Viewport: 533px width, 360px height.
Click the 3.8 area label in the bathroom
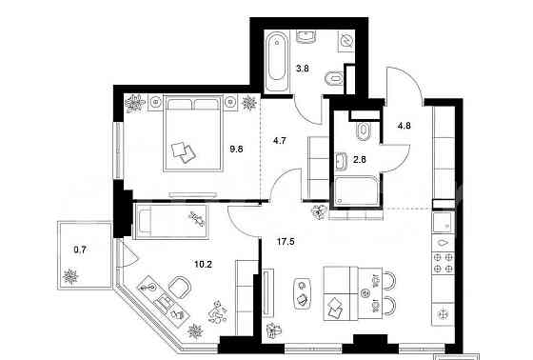[304, 68]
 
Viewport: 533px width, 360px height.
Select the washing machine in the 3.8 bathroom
[345, 41]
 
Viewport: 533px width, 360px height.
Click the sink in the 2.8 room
[340, 159]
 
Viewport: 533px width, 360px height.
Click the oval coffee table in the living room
[302, 291]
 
